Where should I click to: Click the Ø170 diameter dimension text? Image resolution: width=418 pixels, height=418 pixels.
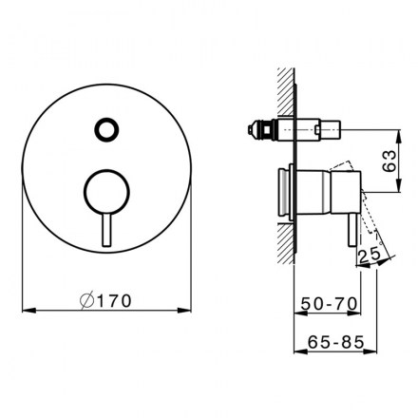[x=105, y=300]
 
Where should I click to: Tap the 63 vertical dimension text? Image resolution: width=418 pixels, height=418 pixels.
[x=389, y=161]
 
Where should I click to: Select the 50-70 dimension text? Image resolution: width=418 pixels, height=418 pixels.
[x=329, y=304]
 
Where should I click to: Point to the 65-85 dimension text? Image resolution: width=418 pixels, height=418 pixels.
[x=335, y=342]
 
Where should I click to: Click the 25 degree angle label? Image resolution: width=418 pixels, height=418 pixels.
[x=370, y=255]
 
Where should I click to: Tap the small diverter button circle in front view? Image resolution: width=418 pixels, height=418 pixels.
[x=106, y=129]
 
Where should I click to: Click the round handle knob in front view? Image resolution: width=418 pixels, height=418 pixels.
[x=106, y=192]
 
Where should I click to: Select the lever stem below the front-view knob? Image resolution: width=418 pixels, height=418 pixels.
[x=106, y=230]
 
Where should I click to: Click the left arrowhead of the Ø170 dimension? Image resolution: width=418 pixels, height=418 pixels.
[x=28, y=311]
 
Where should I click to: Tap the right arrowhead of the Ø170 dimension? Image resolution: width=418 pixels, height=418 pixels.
[x=184, y=311]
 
